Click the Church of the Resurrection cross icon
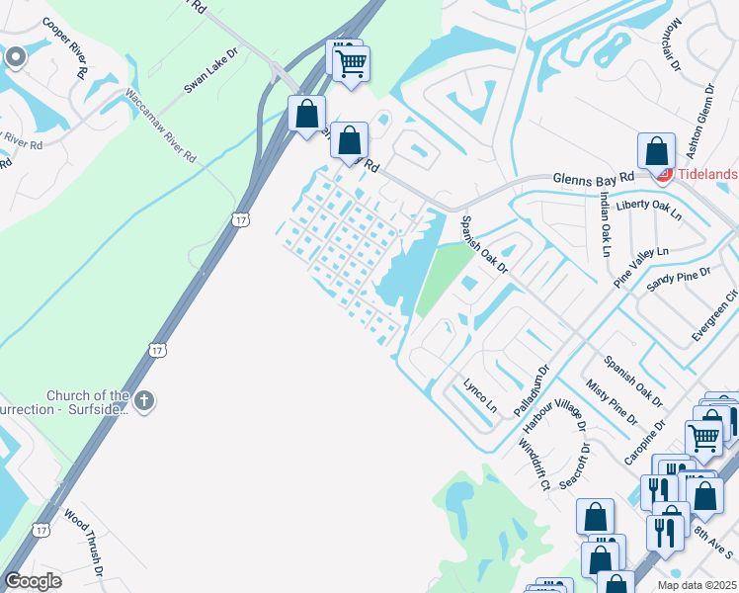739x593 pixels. click(144, 400)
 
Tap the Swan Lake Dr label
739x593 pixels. click(211, 70)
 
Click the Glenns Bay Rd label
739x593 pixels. click(592, 177)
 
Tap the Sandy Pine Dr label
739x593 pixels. click(679, 279)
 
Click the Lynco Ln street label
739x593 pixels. click(480, 393)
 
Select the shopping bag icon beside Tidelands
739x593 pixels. click(656, 152)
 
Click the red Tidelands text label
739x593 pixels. click(706, 175)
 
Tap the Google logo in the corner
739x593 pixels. click(34, 582)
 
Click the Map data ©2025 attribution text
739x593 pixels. click(697, 585)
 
